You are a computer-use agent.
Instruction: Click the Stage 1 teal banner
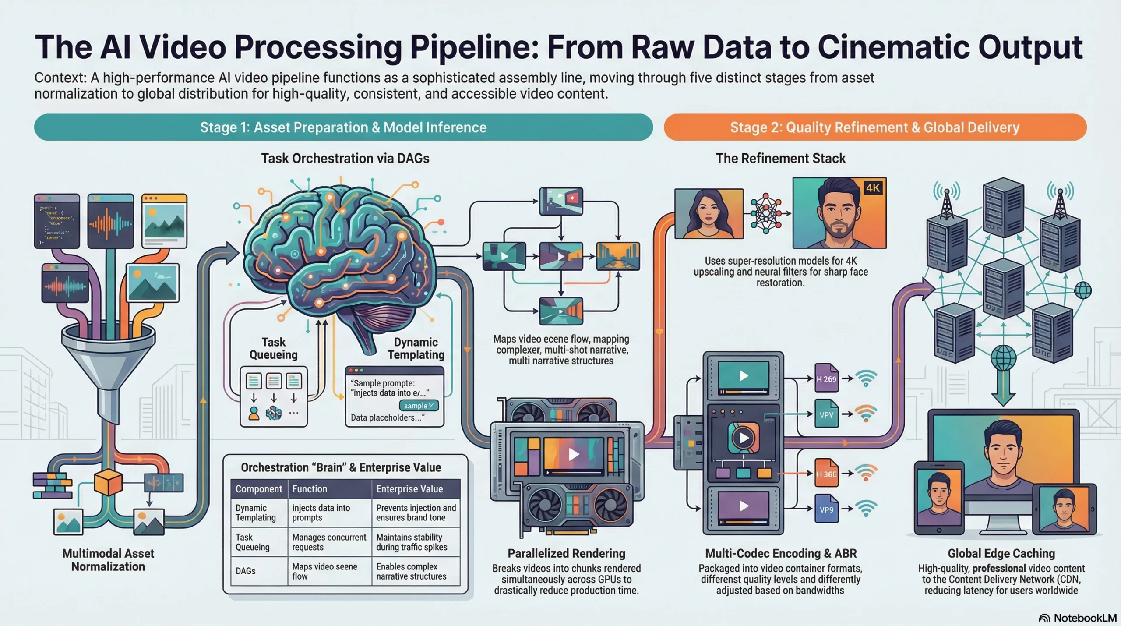click(343, 127)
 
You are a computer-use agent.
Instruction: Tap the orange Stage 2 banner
click(874, 127)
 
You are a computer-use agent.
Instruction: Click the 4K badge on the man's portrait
click(873, 188)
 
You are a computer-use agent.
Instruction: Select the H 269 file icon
click(826, 378)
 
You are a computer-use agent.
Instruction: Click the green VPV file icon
click(826, 414)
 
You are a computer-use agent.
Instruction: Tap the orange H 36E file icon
click(826, 473)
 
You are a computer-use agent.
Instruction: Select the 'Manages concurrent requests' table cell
click(329, 542)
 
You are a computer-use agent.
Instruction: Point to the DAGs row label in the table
click(246, 571)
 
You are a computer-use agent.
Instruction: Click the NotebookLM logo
click(1078, 618)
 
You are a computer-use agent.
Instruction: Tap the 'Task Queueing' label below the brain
click(273, 348)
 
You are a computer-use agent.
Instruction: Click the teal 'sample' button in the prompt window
click(418, 406)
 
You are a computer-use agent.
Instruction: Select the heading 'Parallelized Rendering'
click(566, 553)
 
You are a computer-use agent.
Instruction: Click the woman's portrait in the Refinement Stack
click(709, 214)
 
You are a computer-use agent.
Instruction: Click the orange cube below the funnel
click(108, 482)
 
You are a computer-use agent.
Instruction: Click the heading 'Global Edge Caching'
click(1001, 553)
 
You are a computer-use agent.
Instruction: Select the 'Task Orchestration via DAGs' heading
click(345, 158)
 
